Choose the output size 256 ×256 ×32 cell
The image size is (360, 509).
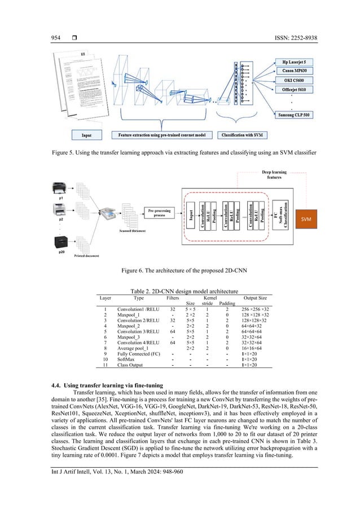click(255, 310)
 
